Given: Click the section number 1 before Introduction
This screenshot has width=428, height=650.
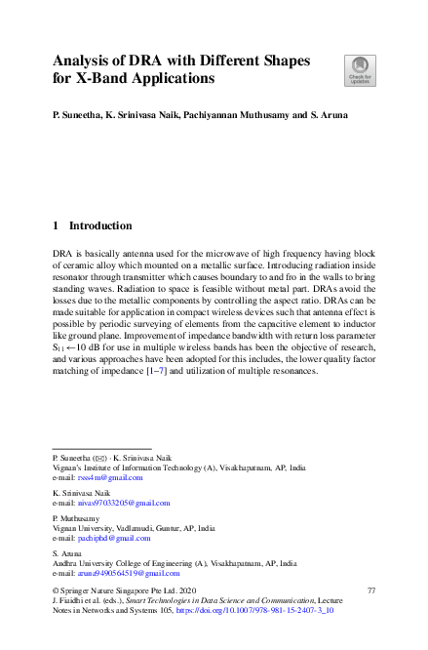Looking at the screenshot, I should point(55,224).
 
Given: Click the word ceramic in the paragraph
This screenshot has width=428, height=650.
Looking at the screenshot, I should point(74,264).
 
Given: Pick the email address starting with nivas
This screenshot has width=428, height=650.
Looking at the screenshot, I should point(121,503).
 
